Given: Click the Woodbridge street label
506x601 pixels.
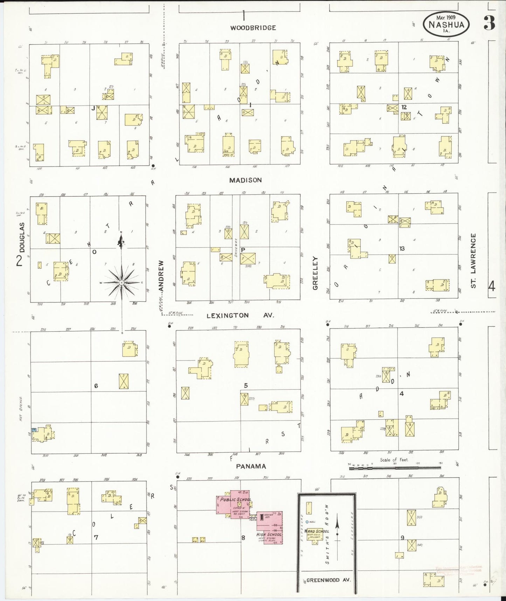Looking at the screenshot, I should pyautogui.click(x=253, y=28).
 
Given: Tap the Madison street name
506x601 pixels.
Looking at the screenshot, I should pyautogui.click(x=245, y=180).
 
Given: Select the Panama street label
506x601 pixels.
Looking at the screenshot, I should pyautogui.click(x=251, y=466).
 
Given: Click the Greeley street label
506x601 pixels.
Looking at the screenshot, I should pyautogui.click(x=315, y=273).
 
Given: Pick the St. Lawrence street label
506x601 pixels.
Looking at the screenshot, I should pyautogui.click(x=473, y=261).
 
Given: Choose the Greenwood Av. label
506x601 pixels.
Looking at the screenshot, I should pyautogui.click(x=328, y=580).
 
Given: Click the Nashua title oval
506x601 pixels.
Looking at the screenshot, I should pyautogui.click(x=446, y=24).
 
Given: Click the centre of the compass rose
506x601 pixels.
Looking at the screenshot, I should pyautogui.click(x=121, y=282).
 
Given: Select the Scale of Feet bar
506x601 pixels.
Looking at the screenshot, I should pyautogui.click(x=395, y=467).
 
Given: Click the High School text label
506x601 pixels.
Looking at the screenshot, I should pyautogui.click(x=269, y=534).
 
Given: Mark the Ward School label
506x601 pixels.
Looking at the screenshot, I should pyautogui.click(x=317, y=531).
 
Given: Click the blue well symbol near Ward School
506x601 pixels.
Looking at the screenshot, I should pyautogui.click(x=307, y=522).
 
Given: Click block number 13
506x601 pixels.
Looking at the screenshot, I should pyautogui.click(x=402, y=249).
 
